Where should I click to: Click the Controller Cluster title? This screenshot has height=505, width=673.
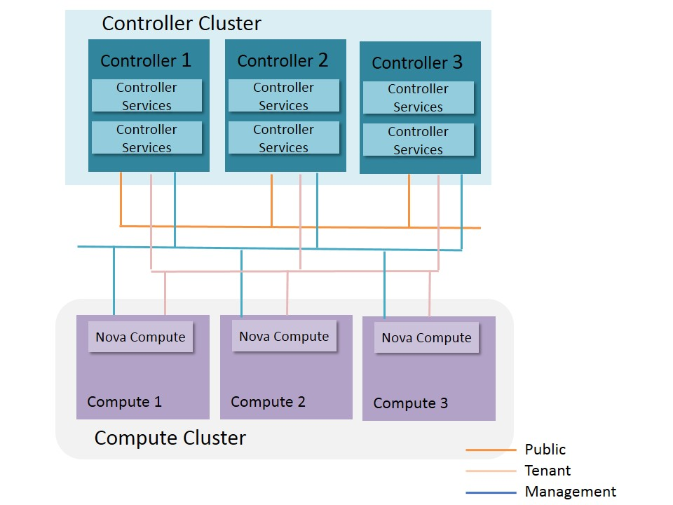click(x=182, y=24)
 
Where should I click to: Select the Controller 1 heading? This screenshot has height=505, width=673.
click(x=146, y=60)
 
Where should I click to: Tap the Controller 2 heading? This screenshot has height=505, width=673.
click(x=283, y=60)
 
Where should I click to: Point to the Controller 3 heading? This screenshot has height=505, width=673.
click(x=417, y=63)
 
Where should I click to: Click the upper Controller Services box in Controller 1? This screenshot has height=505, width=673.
click(x=147, y=96)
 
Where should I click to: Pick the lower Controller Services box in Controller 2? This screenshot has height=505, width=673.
click(x=283, y=138)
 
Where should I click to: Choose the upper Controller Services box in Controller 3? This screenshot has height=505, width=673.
click(x=418, y=97)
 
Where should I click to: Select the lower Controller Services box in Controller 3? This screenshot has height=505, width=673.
click(x=418, y=140)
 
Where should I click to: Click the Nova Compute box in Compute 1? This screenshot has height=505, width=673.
click(x=140, y=337)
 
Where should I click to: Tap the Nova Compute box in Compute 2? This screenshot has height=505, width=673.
click(x=284, y=337)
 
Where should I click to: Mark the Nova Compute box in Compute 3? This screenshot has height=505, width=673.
click(x=426, y=338)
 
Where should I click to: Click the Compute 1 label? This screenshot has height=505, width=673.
click(x=124, y=402)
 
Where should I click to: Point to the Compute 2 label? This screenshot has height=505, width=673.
click(x=268, y=402)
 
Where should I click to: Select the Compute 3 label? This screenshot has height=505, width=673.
click(x=410, y=403)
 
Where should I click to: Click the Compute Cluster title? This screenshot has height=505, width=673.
click(x=170, y=438)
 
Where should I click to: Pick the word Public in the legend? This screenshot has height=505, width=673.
click(x=545, y=450)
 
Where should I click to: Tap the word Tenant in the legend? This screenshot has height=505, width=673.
click(x=548, y=471)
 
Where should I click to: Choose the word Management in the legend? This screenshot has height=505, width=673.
click(x=571, y=492)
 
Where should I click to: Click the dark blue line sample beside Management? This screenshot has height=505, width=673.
click(x=490, y=492)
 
